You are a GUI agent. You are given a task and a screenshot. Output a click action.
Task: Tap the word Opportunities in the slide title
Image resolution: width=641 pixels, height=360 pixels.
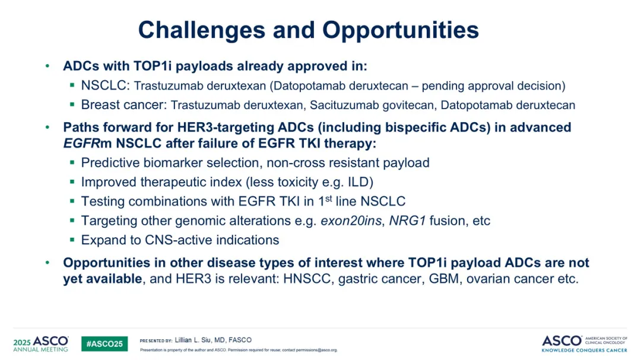401,31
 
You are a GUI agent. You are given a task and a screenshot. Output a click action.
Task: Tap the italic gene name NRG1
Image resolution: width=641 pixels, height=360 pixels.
407,221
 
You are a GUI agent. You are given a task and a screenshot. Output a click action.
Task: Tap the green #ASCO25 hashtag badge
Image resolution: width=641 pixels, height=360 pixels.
104,343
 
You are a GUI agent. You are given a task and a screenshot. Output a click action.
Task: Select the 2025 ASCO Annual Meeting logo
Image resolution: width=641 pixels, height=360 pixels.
41,343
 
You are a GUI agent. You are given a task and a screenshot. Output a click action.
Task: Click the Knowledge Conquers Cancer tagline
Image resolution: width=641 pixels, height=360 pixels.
584,350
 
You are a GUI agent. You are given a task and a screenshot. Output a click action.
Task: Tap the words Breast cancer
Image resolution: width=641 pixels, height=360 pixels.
123,105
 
